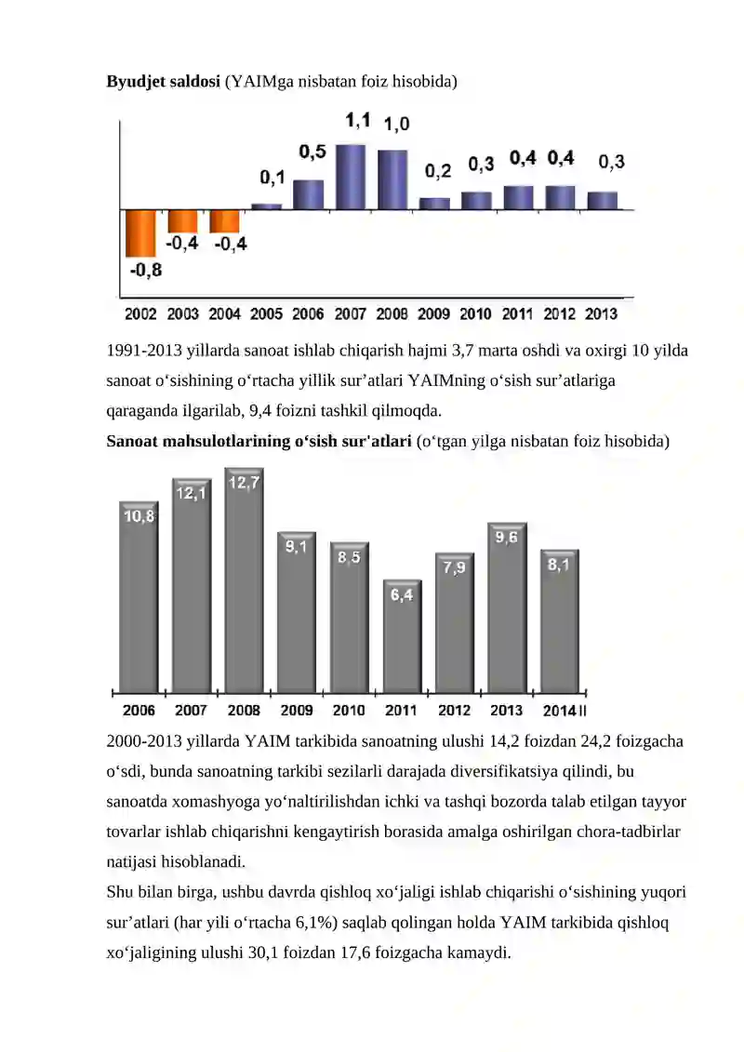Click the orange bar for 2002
[140, 233]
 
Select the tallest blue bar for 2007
[351, 177]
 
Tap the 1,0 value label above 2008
[396, 124]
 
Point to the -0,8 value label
[146, 271]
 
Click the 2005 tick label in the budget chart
[266, 314]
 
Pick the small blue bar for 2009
[434, 204]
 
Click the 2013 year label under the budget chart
[601, 314]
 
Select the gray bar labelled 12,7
[245, 580]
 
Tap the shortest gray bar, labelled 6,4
[402, 636]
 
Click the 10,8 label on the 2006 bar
[139, 516]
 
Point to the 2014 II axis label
[565, 711]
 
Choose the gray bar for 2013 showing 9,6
[507, 607]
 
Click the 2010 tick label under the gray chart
[349, 711]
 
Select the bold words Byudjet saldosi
[163, 81]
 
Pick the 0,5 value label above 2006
[312, 152]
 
